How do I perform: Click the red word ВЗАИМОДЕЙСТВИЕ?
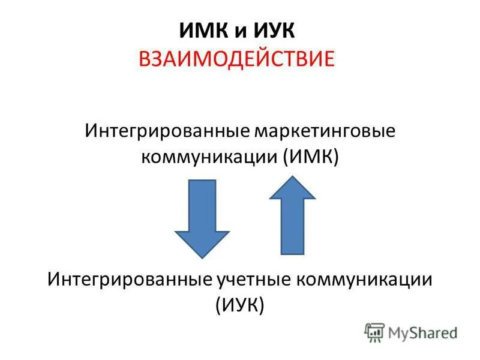point(239,59)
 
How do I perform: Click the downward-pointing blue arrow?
point(202,216)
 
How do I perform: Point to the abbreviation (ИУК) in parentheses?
point(239,304)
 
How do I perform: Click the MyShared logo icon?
point(374,332)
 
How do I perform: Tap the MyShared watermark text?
point(422,332)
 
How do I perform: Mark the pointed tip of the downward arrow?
point(202,257)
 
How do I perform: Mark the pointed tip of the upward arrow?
point(292,176)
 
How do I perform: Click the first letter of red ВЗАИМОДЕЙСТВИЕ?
point(145,59)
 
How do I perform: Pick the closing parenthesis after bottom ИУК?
point(262,305)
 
